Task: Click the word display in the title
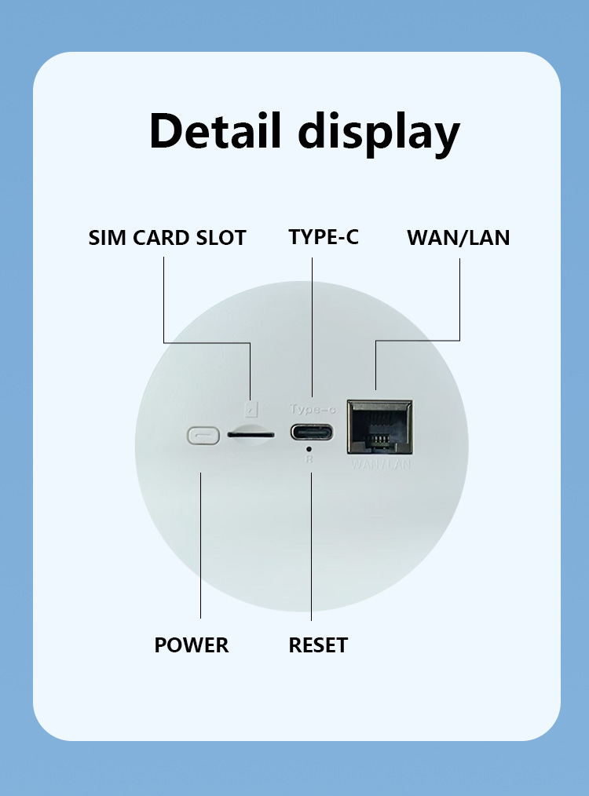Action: [x=379, y=133]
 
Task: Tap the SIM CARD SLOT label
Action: [x=167, y=238]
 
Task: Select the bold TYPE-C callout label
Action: [x=323, y=237]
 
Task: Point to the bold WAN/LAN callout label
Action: [x=458, y=238]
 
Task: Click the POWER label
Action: [x=191, y=645]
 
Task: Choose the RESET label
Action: [x=318, y=645]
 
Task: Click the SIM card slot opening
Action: [x=251, y=433]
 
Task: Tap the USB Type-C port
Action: [x=312, y=433]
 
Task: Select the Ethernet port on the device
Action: [x=380, y=427]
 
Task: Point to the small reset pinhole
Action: [x=311, y=449]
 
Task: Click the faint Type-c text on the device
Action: [x=312, y=409]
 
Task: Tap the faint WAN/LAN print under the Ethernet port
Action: [x=381, y=465]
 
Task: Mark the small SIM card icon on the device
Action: [x=251, y=410]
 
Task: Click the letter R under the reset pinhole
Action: [x=311, y=459]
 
